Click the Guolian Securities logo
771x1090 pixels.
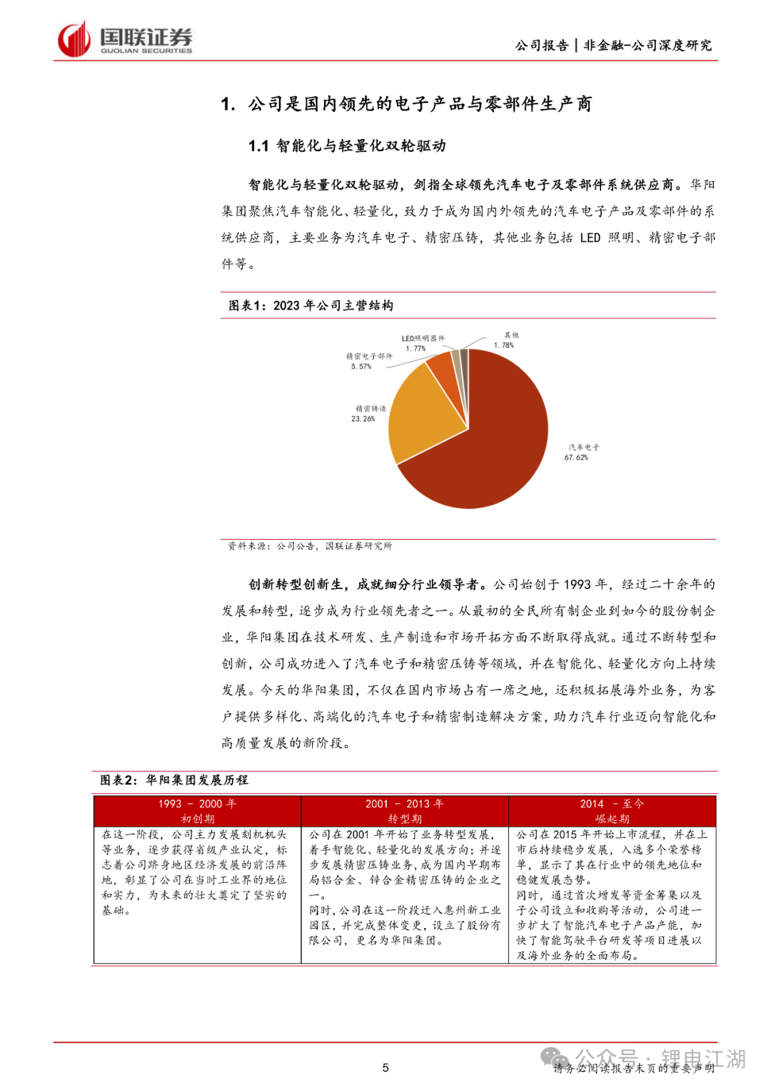pos(125,39)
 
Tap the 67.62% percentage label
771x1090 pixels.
pos(576,458)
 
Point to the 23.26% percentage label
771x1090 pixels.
pos(363,419)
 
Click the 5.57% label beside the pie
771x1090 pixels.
pos(361,366)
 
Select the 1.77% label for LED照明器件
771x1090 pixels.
pos(415,348)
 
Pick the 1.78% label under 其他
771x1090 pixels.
pos(503,345)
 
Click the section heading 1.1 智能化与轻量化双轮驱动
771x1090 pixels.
pos(347,146)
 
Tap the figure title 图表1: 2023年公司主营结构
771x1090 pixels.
pos(311,306)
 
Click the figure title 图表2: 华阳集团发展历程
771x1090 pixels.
pos(174,780)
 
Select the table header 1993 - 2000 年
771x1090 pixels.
pos(197,804)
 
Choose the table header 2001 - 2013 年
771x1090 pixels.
pos(404,804)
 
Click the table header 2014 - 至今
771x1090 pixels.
pos(612,804)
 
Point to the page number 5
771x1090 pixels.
pos(385,1068)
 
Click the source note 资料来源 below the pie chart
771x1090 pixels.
pos(310,546)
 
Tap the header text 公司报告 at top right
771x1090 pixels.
pos(542,46)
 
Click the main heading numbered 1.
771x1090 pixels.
pos(406,104)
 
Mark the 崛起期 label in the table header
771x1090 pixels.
pos(612,819)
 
